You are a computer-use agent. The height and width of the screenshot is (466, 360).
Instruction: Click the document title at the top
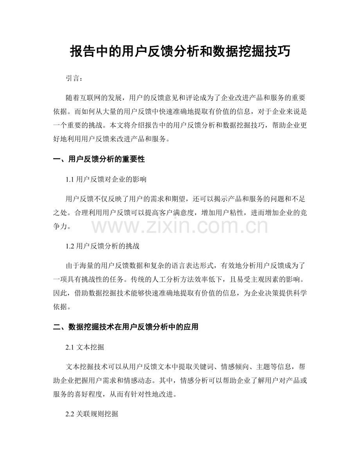[180, 51]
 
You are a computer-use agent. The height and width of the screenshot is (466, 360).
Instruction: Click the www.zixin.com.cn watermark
[180, 226]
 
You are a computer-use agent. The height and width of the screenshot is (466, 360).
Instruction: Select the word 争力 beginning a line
[59, 226]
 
